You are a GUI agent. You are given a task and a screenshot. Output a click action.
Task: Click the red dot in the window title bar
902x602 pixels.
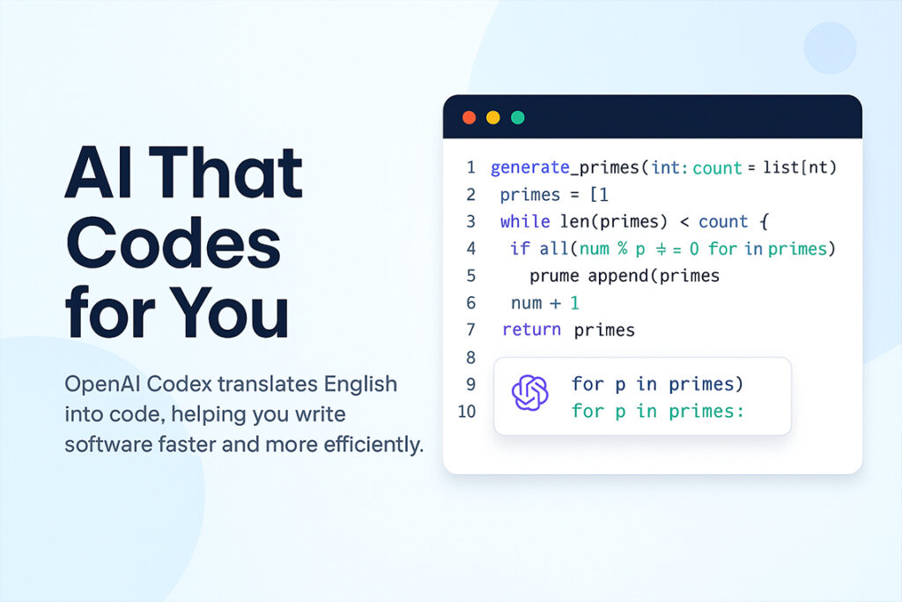tap(469, 117)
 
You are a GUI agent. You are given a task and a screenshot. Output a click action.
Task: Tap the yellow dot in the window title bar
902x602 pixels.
tap(493, 117)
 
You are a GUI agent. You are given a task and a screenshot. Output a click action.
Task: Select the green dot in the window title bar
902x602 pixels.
tap(518, 117)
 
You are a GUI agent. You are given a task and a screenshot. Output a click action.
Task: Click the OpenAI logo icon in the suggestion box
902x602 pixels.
tap(530, 392)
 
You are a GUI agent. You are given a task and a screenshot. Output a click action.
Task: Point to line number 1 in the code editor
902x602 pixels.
tap(470, 167)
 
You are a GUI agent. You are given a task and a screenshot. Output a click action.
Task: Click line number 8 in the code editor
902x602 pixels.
tap(470, 357)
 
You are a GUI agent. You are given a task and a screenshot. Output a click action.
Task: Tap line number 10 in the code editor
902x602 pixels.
tap(467, 411)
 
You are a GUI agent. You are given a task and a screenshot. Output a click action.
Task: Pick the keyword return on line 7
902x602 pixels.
tap(531, 330)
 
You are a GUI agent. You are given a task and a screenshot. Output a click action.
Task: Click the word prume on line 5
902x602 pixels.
tap(554, 276)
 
